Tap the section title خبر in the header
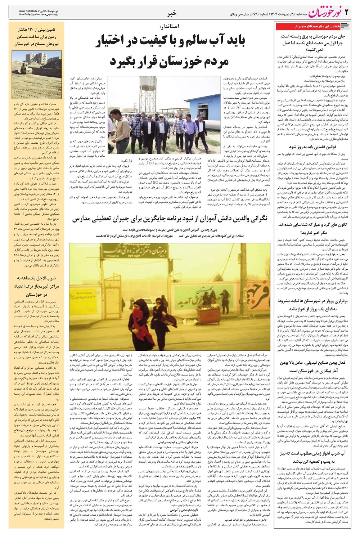[x=172, y=14]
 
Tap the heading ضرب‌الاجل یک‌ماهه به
[x=36, y=278]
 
